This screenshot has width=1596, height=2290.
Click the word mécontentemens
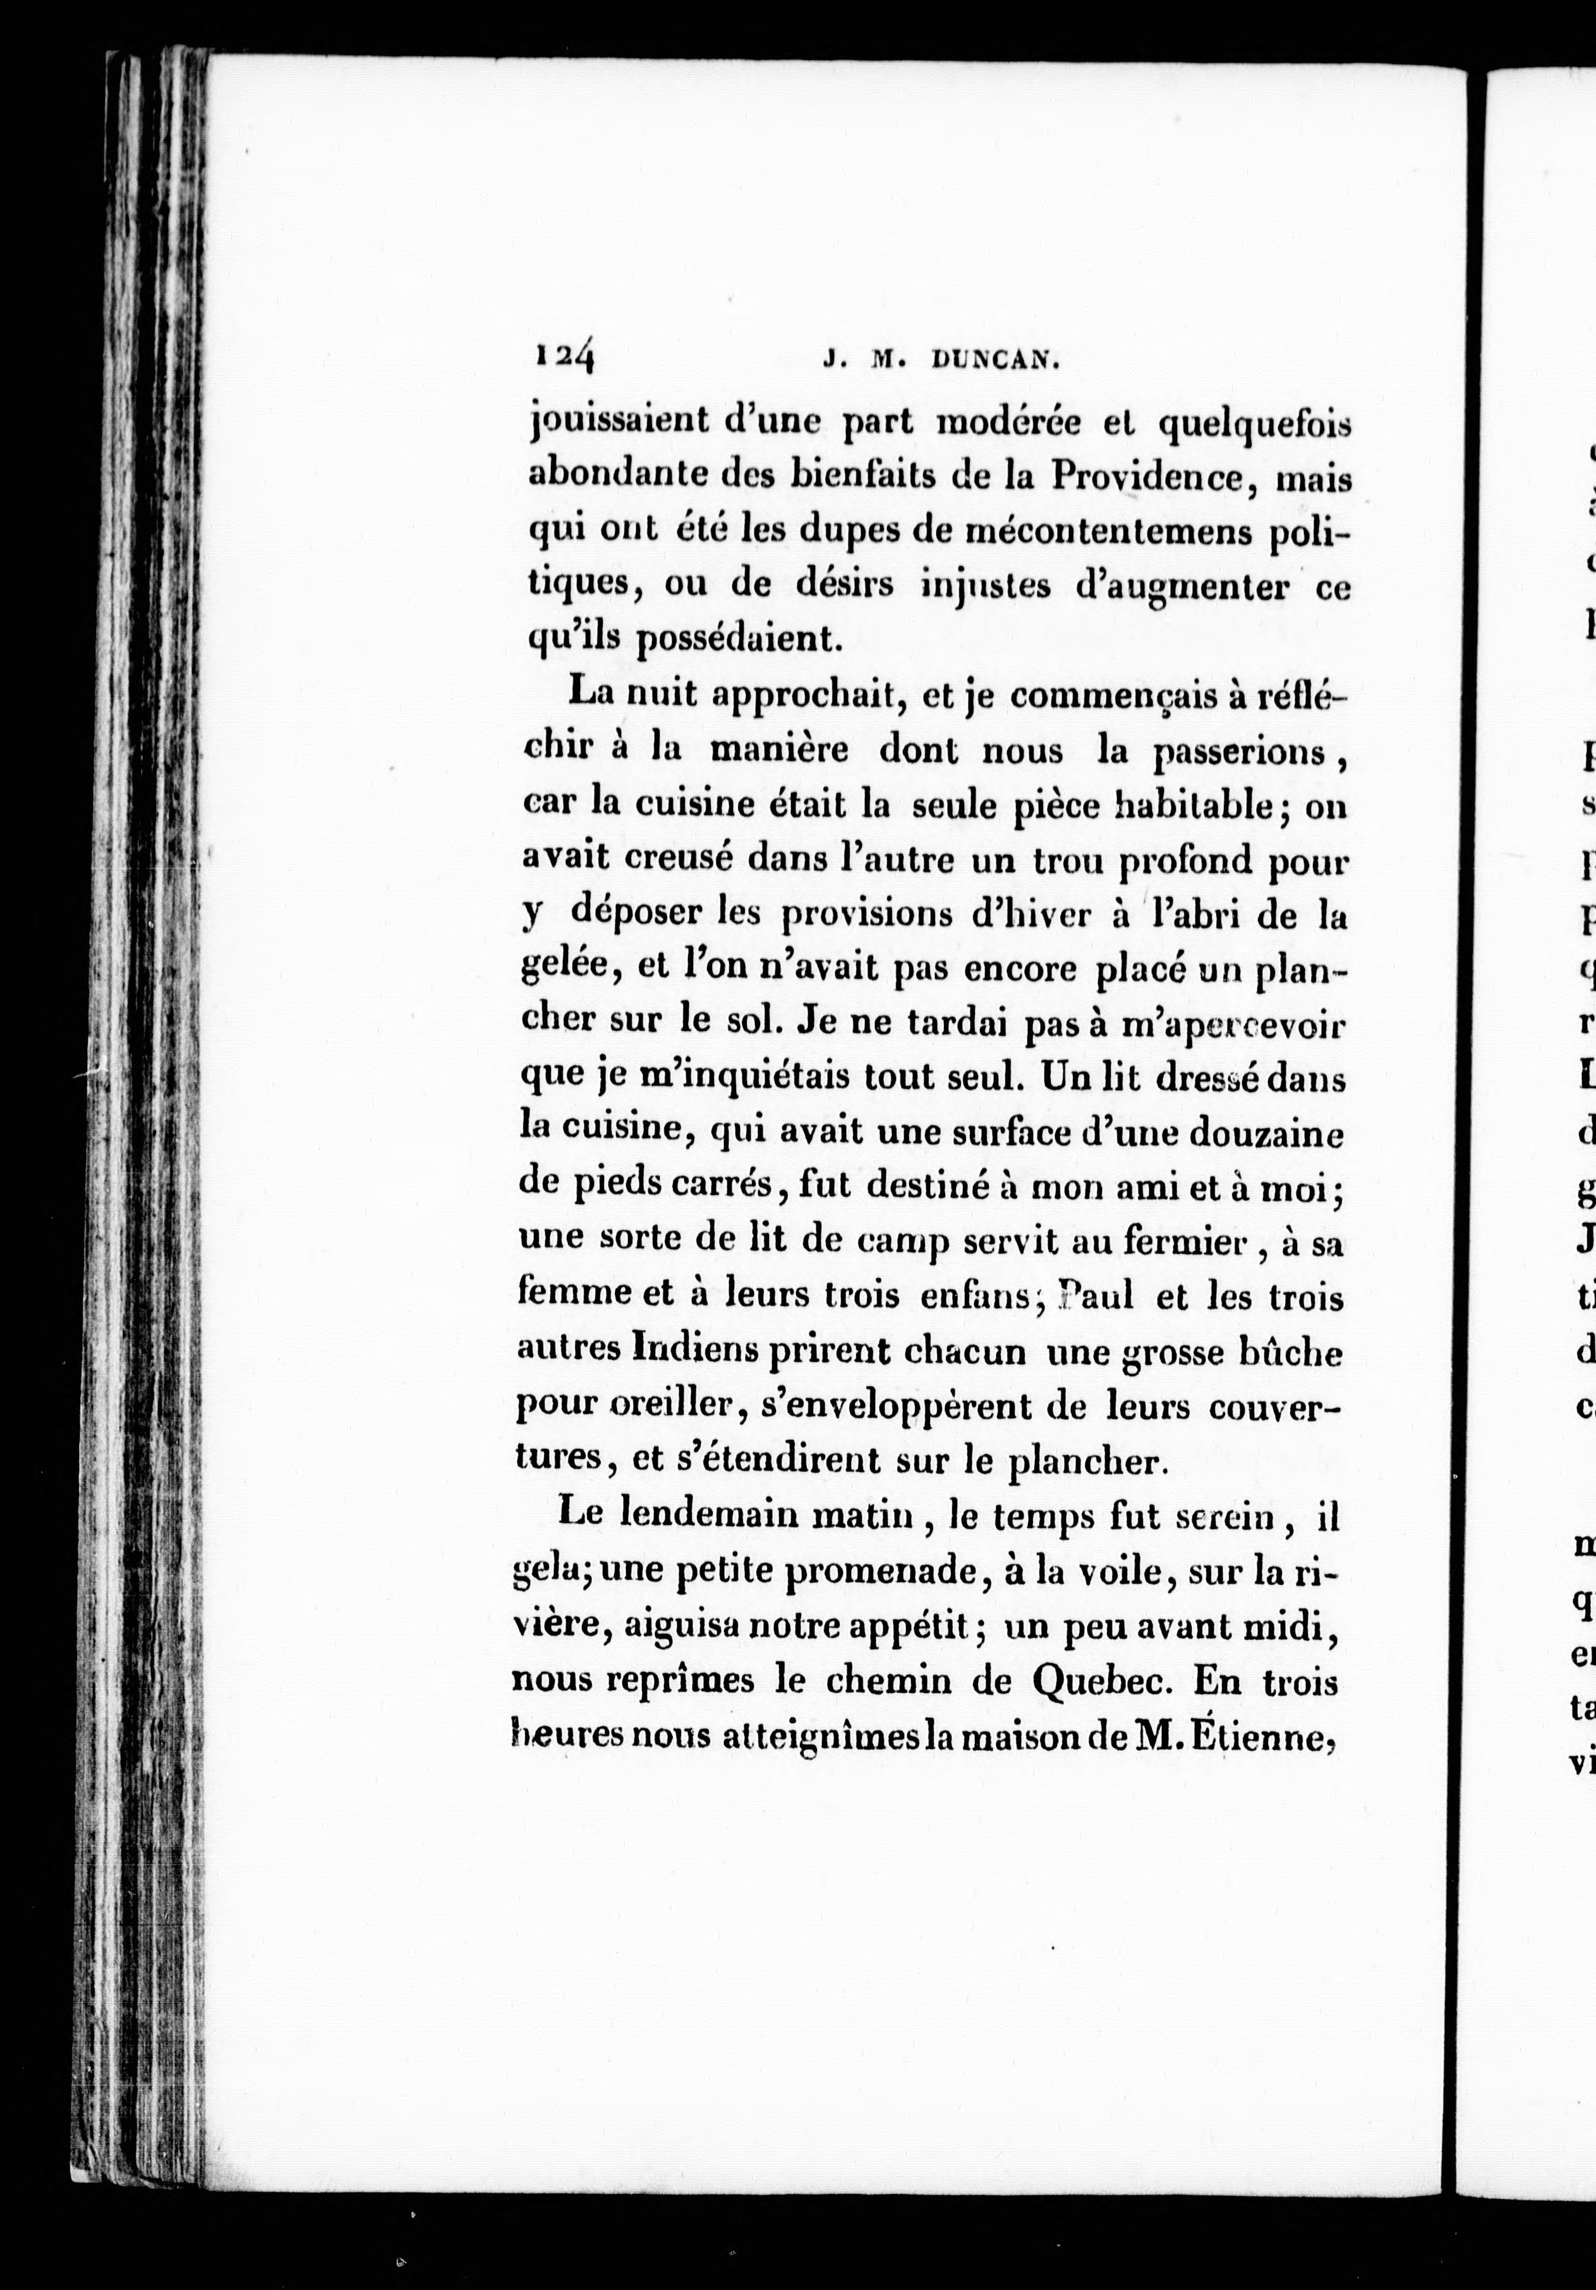coord(1105,533)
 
